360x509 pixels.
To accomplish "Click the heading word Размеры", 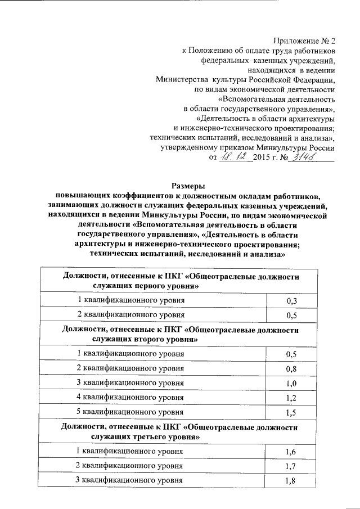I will [x=188, y=186].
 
